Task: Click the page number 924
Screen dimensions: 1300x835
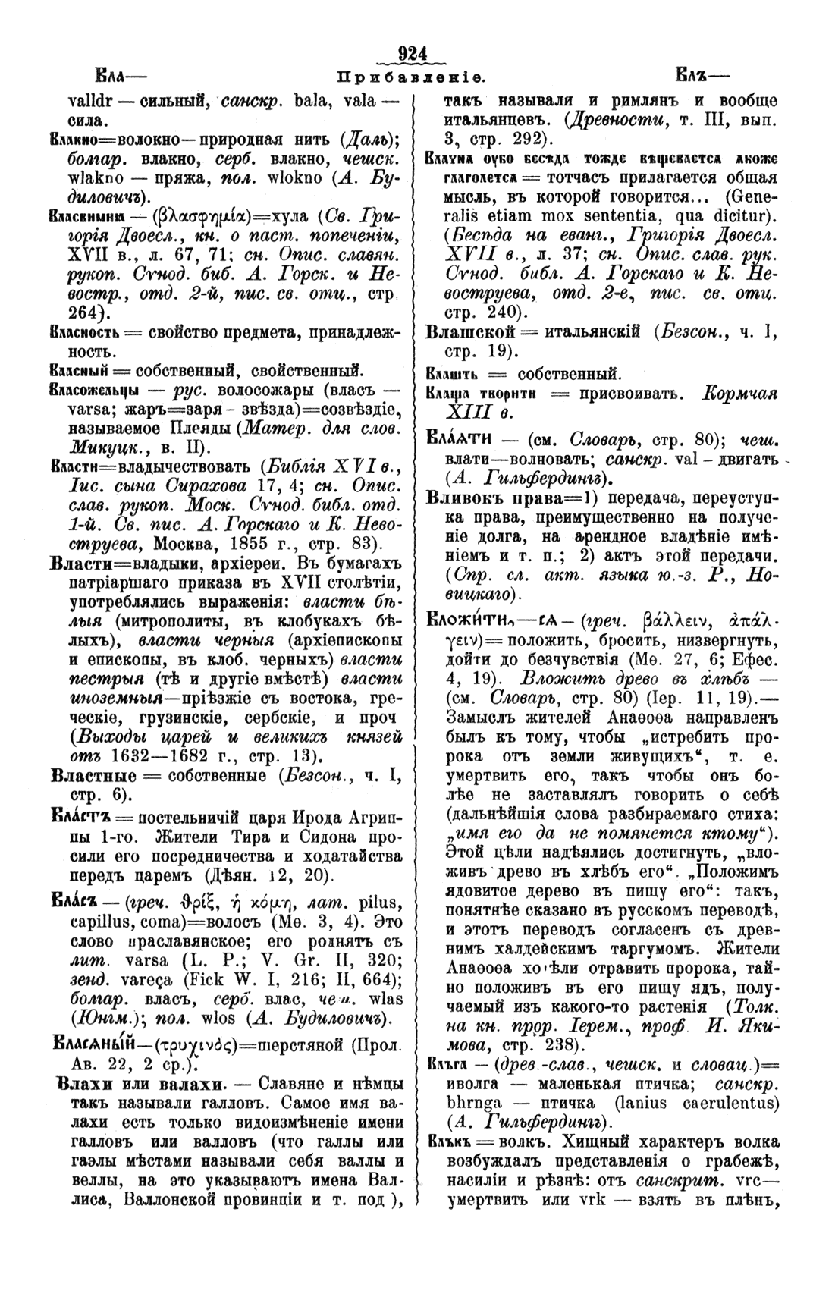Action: point(413,54)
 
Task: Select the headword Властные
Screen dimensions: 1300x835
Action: point(93,775)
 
